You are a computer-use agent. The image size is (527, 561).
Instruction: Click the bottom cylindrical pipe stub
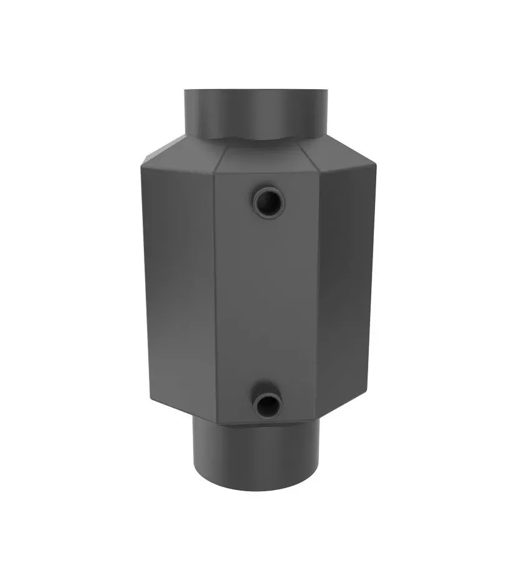(x=256, y=455)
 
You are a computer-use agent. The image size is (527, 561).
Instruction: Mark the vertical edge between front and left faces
(x=215, y=293)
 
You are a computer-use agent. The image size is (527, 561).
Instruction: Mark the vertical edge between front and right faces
(x=318, y=293)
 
